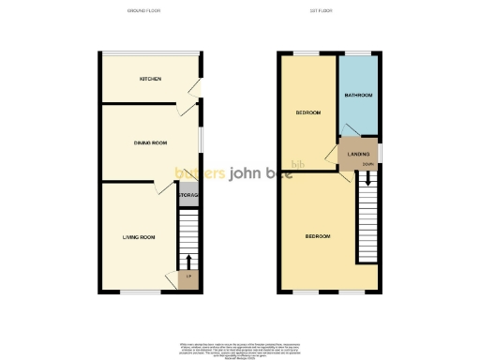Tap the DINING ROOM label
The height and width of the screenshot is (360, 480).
[x=149, y=142]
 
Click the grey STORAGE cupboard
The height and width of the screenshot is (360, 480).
[x=188, y=195]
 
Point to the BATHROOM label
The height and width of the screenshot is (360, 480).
[x=358, y=95]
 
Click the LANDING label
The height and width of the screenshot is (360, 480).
[x=358, y=154]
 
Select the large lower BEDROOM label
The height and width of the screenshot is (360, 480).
[x=317, y=236]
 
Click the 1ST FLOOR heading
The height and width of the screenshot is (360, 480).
[x=326, y=10]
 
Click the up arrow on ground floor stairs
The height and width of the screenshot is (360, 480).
[x=188, y=260]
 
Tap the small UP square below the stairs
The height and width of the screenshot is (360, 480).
[x=188, y=277]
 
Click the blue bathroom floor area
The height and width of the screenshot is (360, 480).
[x=359, y=112]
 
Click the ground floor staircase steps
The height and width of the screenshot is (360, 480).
[x=188, y=234]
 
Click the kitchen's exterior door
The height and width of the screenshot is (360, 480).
[x=196, y=89]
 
